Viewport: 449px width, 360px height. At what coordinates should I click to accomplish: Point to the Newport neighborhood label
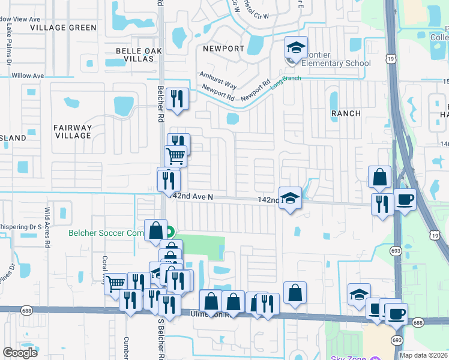(223, 49)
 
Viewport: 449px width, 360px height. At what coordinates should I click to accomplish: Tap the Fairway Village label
(73, 131)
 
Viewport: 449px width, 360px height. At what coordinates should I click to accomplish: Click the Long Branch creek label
(285, 82)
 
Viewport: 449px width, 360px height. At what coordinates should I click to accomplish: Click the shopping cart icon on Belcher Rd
(175, 155)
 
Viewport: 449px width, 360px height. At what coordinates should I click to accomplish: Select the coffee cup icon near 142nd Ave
(404, 199)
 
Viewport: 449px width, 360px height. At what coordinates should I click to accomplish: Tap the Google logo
(20, 352)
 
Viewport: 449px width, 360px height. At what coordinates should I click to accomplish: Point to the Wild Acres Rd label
(47, 227)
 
